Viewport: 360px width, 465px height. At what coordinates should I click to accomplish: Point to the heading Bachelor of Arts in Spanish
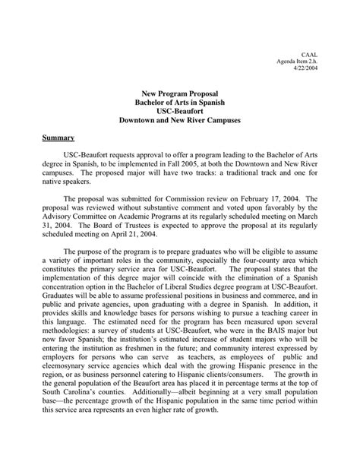point(180,101)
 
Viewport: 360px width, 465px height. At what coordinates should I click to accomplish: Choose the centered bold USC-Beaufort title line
point(180,111)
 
